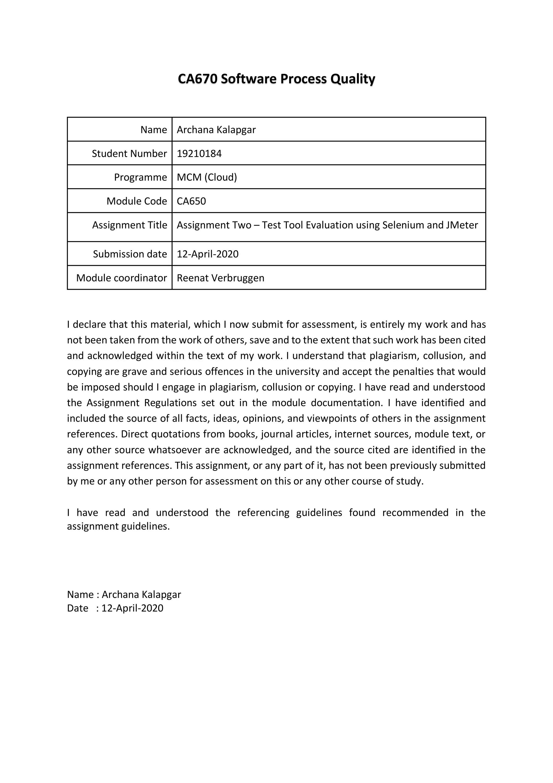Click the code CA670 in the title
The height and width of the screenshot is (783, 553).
[x=198, y=79]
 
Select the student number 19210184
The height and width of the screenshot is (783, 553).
[x=199, y=153]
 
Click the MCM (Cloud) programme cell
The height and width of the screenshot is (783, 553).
[x=207, y=177]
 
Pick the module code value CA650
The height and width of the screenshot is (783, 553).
[x=191, y=201]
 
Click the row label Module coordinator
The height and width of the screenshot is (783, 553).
[x=121, y=278]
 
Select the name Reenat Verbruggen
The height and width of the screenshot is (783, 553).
[x=220, y=278]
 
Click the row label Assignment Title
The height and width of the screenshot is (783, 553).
[x=130, y=225]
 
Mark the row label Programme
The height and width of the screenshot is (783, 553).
[x=140, y=177]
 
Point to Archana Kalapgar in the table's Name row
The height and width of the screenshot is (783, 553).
[x=216, y=130]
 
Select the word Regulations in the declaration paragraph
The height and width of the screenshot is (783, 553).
[x=170, y=403]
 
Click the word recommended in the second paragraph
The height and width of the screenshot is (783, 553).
[x=415, y=513]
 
